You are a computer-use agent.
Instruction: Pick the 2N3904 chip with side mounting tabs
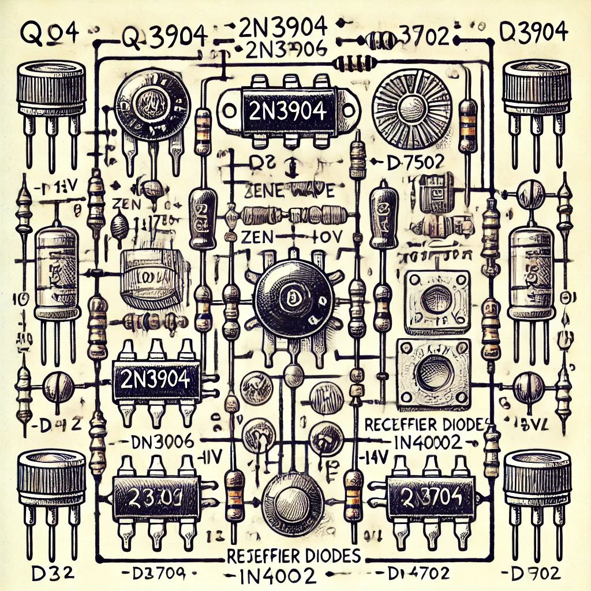pyautogui.click(x=284, y=111)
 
